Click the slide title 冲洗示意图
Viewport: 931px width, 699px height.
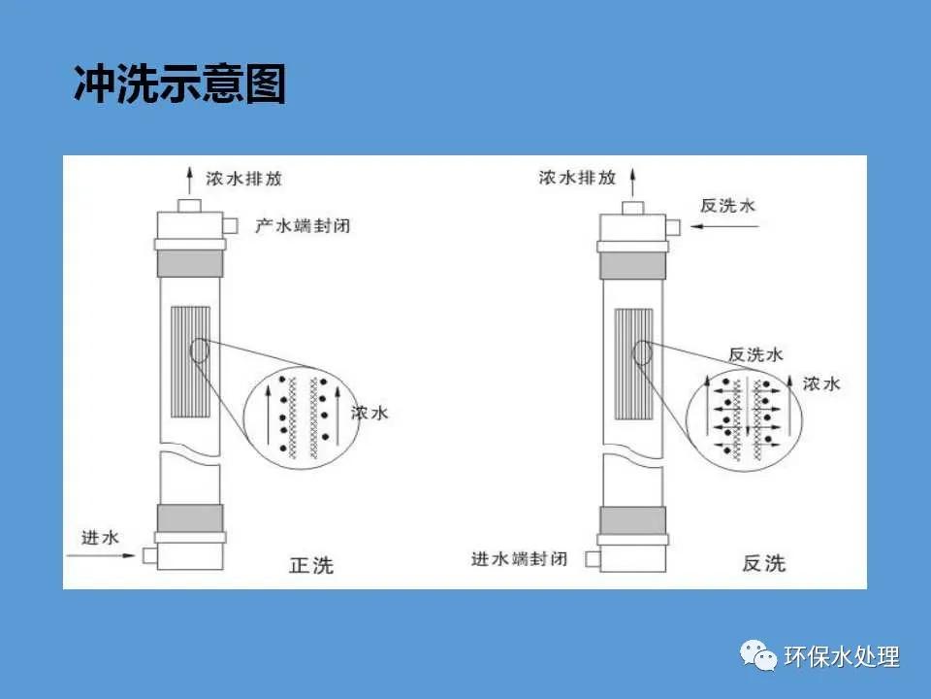[180, 84]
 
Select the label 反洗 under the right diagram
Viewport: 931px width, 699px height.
[764, 563]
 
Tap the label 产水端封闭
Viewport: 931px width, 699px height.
[302, 226]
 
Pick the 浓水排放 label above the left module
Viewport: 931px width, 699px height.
[243, 179]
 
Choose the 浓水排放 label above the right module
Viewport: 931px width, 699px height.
[577, 178]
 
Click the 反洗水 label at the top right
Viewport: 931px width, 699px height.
[727, 206]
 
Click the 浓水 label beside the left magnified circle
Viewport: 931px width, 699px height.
[370, 413]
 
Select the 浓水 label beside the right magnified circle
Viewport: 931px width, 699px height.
[821, 384]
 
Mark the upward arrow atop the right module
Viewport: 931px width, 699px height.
[632, 180]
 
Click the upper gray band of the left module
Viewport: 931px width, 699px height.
[190, 263]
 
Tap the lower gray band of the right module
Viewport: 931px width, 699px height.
[632, 520]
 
